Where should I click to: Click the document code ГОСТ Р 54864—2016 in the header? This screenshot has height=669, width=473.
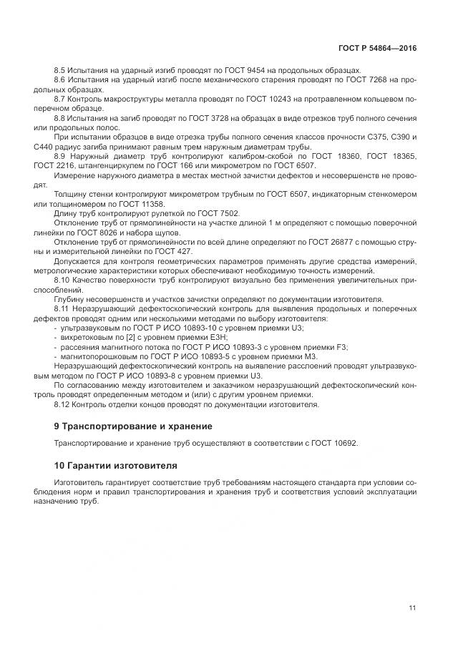(377, 48)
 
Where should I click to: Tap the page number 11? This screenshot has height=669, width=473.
(412, 607)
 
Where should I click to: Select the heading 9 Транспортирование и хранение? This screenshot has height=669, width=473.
(133, 426)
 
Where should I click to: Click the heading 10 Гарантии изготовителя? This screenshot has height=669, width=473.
(116, 465)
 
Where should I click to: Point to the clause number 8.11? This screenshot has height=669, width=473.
(63, 308)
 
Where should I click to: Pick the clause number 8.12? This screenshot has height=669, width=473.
(63, 405)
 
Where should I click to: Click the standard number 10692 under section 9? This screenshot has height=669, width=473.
(344, 444)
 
